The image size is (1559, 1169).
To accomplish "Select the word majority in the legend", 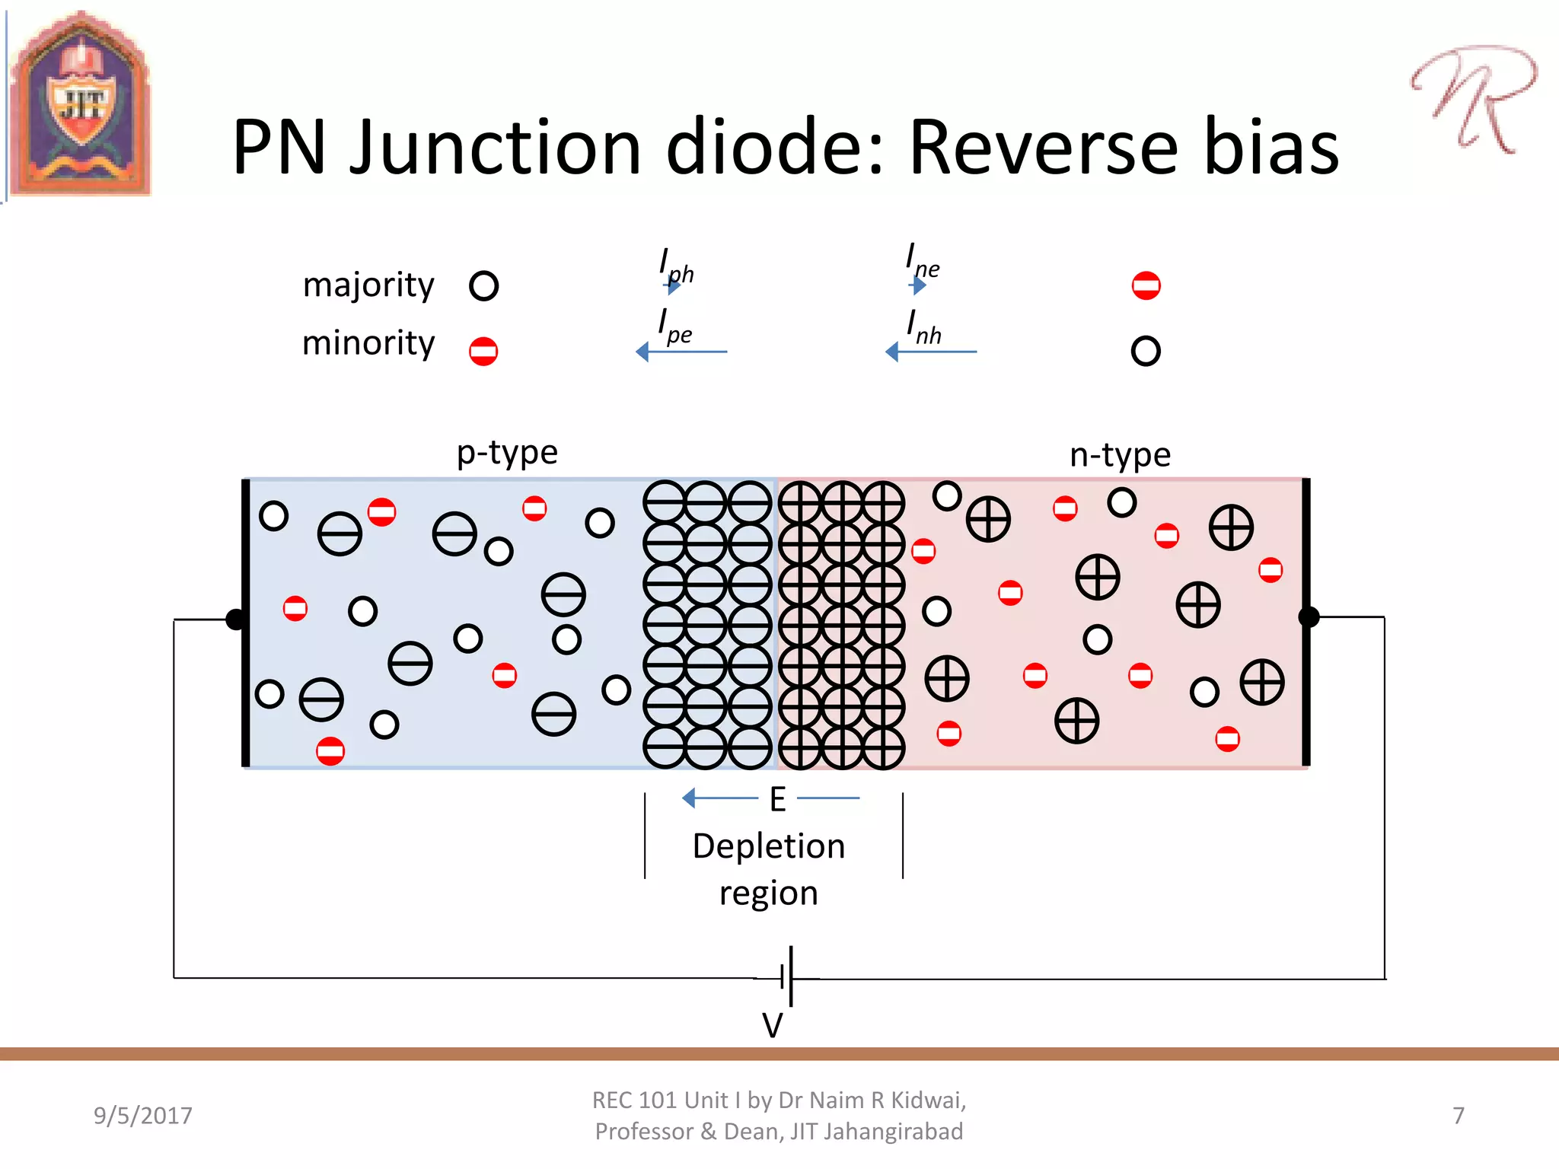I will [368, 285].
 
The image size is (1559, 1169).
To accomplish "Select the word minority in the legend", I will [368, 343].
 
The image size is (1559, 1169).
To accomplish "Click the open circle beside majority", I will [483, 286].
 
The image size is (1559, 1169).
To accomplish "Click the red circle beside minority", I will [483, 352].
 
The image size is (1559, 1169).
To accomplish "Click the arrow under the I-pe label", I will [681, 352].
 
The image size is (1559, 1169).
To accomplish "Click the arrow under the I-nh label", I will [930, 352].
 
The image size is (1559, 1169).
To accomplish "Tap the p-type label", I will [507, 453].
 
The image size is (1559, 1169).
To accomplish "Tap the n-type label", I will [1120, 455].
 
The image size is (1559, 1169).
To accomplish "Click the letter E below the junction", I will [777, 799].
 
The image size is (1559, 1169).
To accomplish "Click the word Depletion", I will [769, 846].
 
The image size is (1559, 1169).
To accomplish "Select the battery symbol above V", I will [789, 976].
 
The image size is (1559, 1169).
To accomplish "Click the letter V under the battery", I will [772, 1025].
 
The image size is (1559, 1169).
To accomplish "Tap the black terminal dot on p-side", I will [236, 620].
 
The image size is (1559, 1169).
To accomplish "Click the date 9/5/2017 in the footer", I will [143, 1116].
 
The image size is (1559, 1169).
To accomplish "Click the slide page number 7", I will [1458, 1116].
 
